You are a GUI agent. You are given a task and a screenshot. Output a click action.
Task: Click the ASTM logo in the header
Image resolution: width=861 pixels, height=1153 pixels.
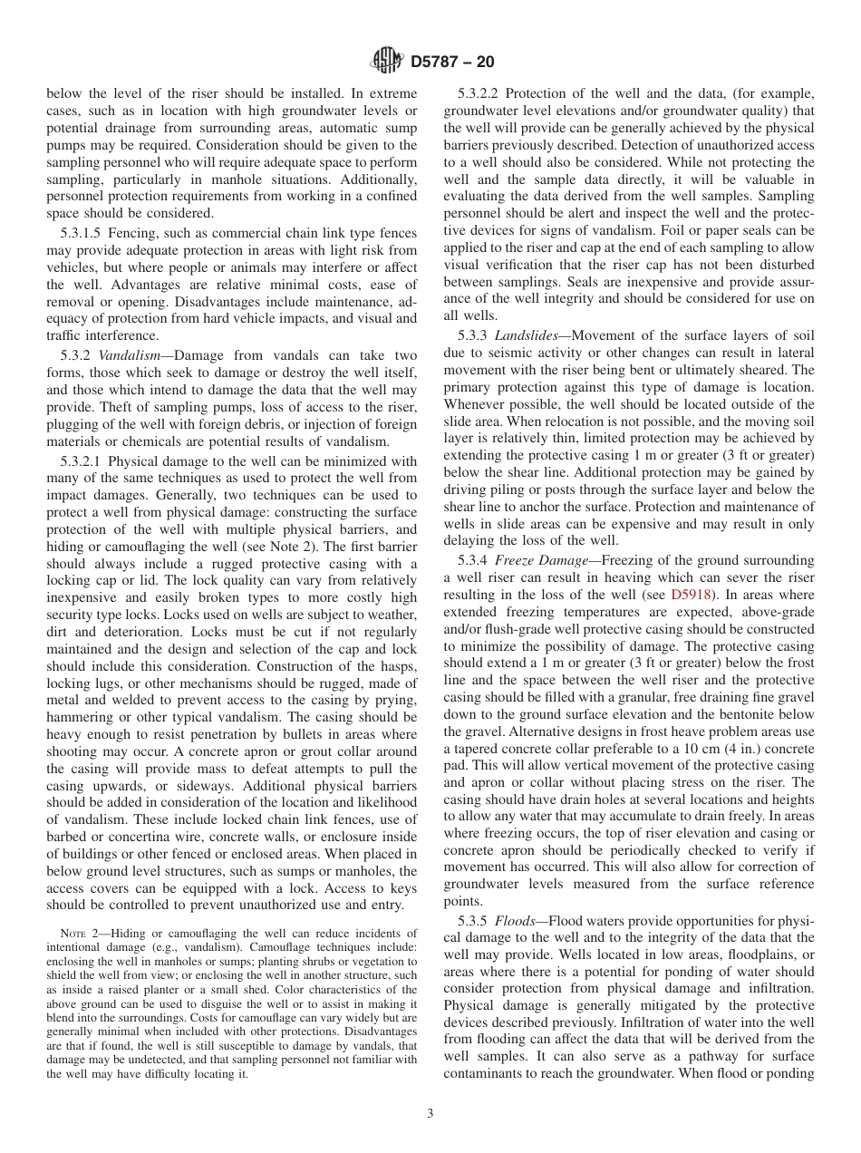pyautogui.click(x=386, y=63)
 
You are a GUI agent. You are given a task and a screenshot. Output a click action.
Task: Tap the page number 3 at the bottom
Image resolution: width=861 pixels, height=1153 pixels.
pyautogui.click(x=430, y=1114)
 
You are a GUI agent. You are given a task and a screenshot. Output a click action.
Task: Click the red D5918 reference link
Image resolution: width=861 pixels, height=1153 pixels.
pyautogui.click(x=689, y=595)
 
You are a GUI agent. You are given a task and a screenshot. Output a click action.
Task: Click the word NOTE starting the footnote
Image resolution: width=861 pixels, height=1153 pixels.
pyautogui.click(x=74, y=934)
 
